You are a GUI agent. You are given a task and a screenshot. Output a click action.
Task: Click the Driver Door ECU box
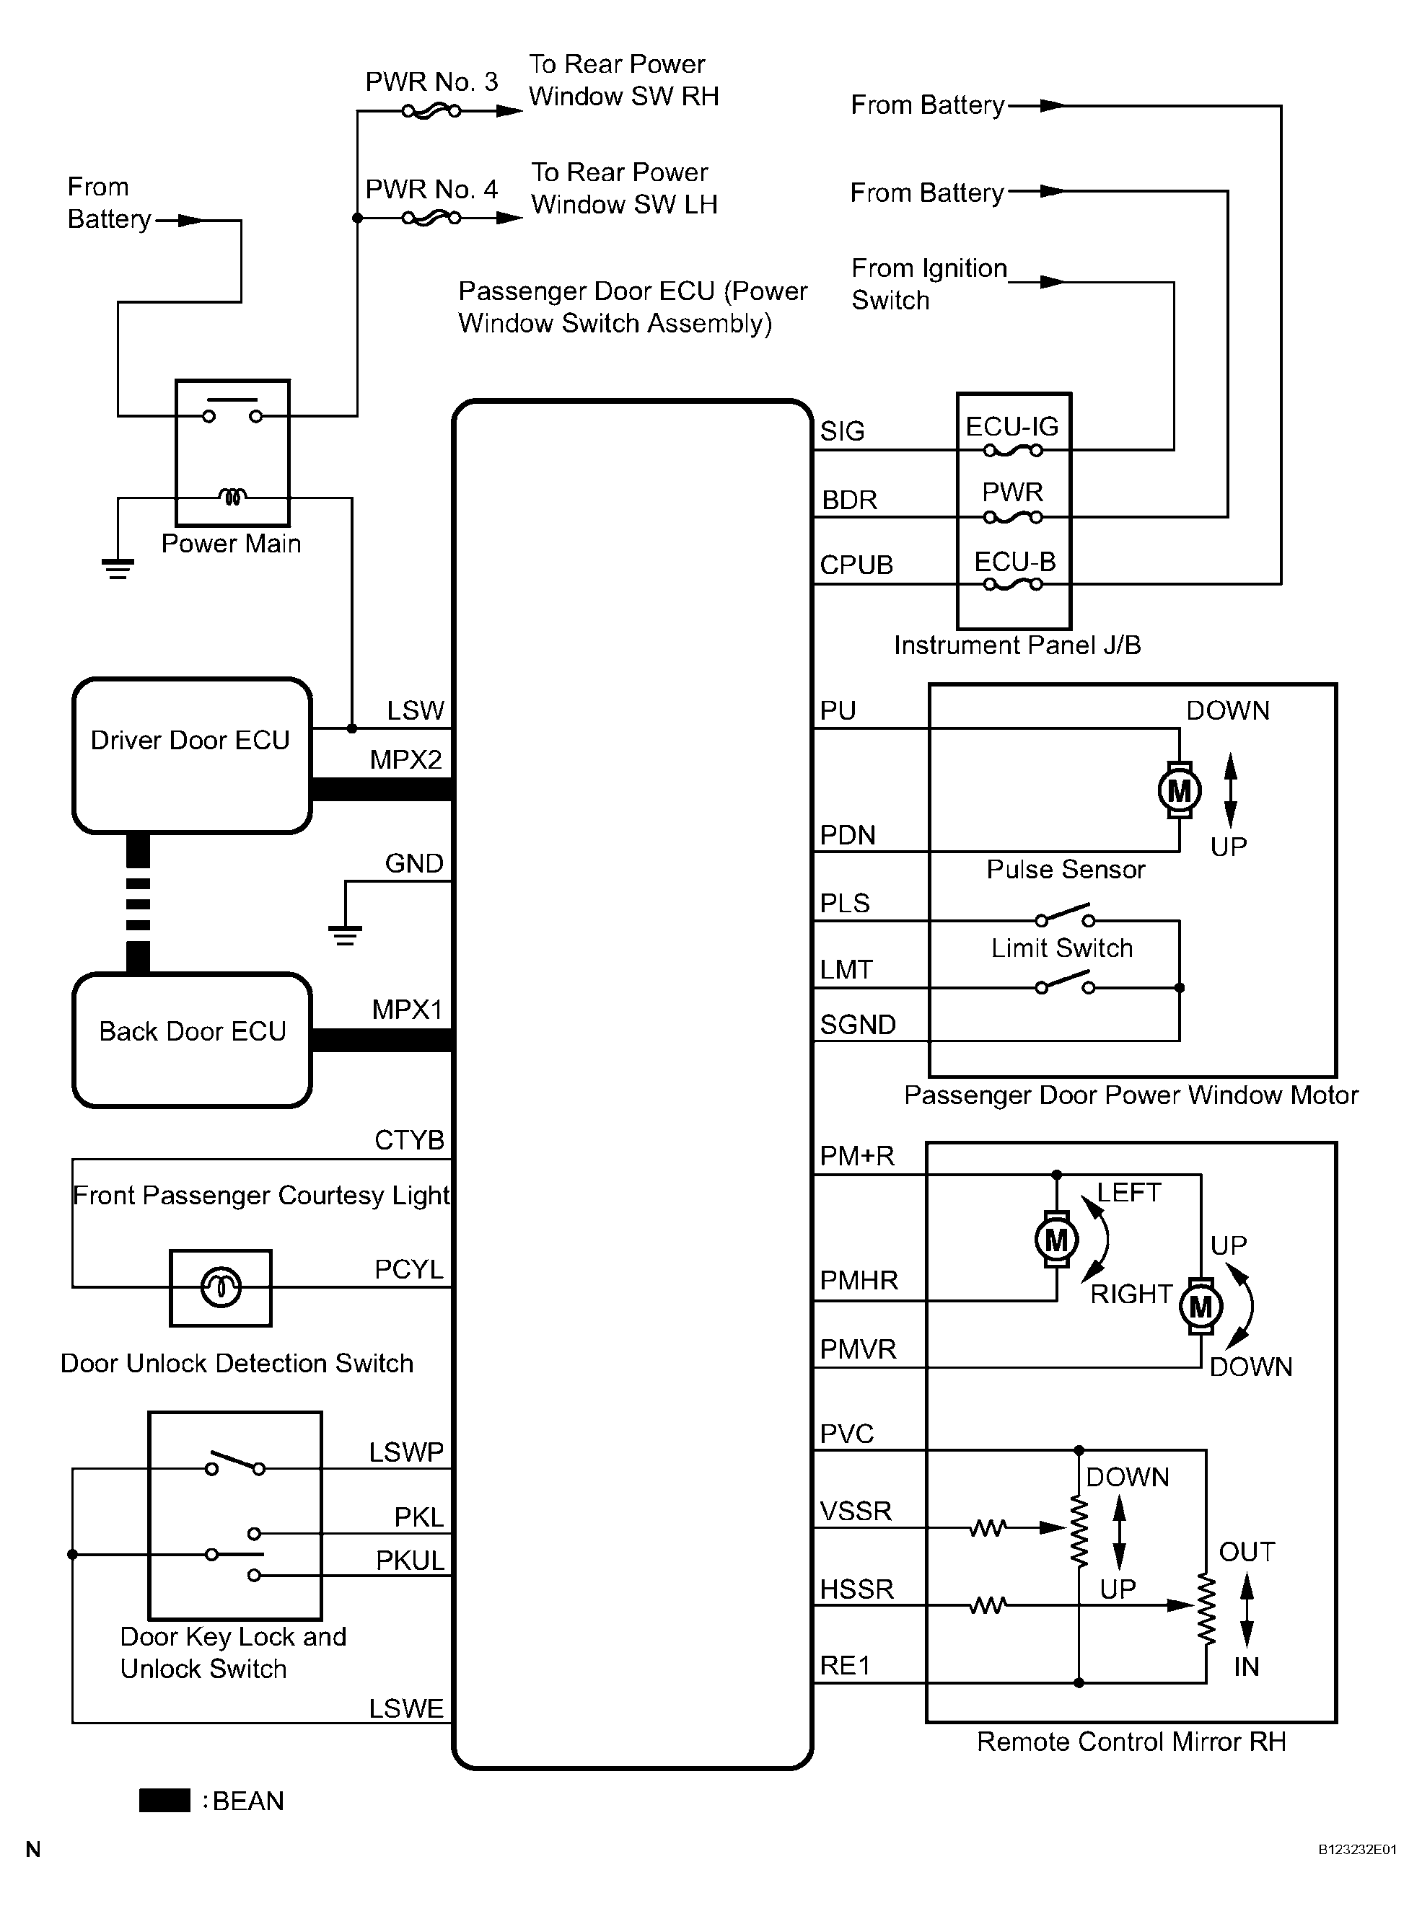point(192,756)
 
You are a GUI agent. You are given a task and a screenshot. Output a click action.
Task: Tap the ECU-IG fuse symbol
point(1013,449)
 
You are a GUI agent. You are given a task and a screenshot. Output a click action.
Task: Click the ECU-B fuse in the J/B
point(1013,584)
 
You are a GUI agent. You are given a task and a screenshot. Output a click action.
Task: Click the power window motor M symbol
point(1180,790)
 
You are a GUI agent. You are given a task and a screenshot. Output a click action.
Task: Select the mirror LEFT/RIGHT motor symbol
point(1056,1240)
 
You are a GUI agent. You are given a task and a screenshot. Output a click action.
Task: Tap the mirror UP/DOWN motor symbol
point(1201,1306)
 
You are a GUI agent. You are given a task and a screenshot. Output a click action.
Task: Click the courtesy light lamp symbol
point(221,1287)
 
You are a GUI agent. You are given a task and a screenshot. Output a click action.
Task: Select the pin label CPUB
point(856,565)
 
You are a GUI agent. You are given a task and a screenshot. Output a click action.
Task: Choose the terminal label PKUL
point(410,1560)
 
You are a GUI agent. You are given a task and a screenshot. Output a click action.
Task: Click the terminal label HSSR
point(856,1589)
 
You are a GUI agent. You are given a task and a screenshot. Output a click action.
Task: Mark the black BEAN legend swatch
point(164,1801)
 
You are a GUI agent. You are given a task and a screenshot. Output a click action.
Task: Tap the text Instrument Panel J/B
point(1017,645)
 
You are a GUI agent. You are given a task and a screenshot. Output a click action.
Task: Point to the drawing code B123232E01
point(1358,1849)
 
